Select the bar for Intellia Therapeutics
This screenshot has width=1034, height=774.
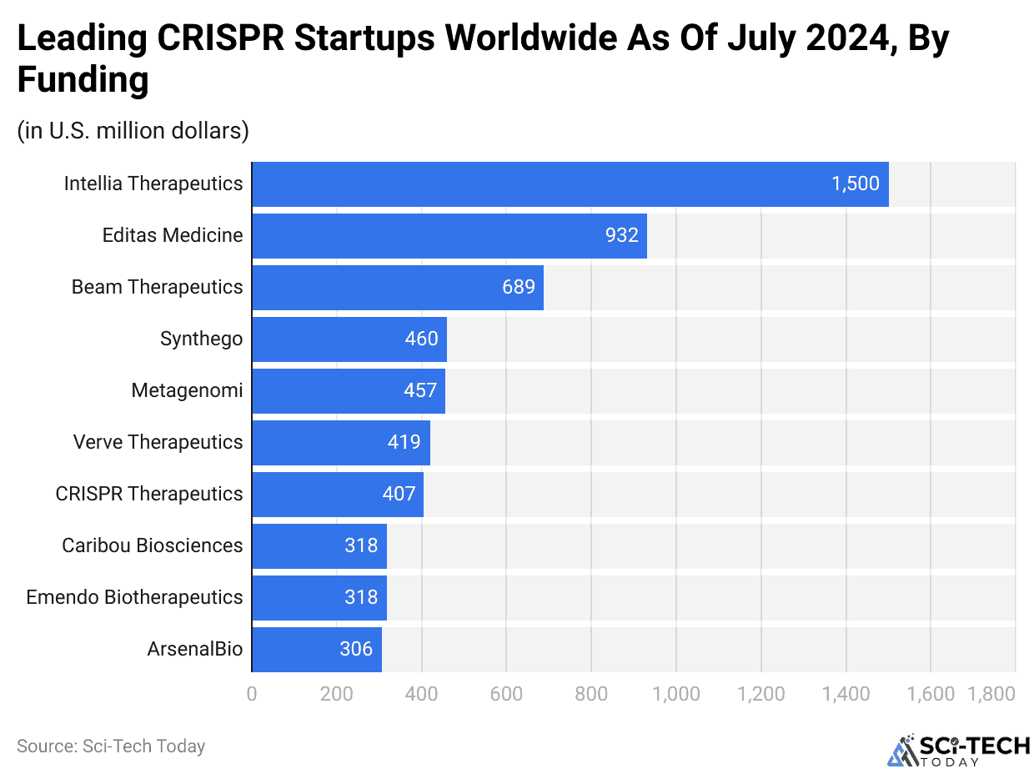coord(570,183)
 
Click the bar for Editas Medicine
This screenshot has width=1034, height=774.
coord(449,235)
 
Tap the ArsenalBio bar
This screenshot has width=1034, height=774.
coord(316,649)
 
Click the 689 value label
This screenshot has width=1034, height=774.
coord(518,287)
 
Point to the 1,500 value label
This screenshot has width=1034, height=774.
coord(855,183)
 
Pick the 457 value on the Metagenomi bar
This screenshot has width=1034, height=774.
coord(419,390)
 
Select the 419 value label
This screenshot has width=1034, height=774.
coord(404,442)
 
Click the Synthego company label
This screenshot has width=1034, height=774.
coord(201,339)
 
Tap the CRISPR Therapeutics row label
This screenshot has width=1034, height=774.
coord(149,494)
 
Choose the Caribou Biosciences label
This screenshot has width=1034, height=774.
coord(153,545)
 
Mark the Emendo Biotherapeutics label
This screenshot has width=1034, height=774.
coord(134,597)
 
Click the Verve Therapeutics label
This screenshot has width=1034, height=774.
coord(158,442)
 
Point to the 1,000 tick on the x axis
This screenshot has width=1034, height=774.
coord(675,693)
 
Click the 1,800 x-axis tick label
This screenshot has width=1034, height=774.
coord(991,693)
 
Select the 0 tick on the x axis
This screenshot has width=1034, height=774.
coord(252,693)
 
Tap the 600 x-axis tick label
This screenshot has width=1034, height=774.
coord(506,693)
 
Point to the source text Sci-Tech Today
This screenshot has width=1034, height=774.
coord(111,746)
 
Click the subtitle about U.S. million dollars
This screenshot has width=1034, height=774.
coord(133,131)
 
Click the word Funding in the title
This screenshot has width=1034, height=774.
coord(83,81)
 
